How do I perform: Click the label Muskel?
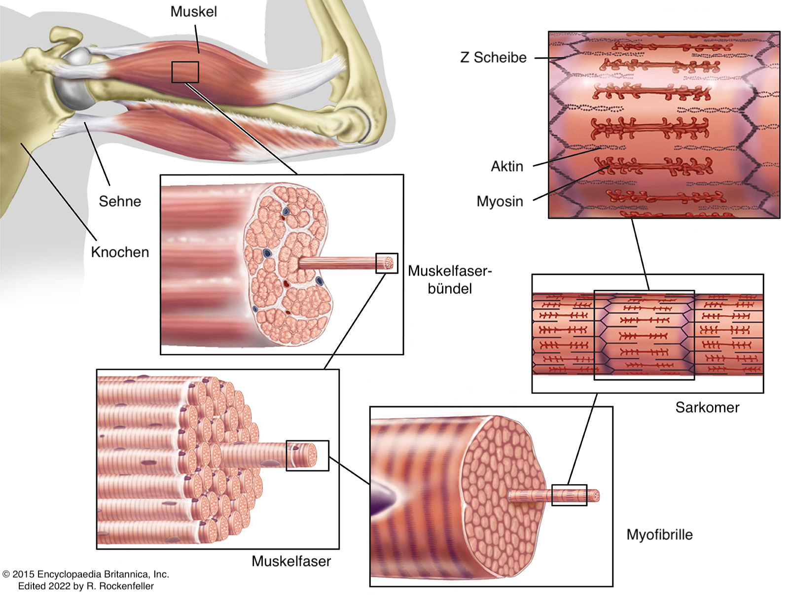click(193, 12)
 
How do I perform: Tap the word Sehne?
click(120, 201)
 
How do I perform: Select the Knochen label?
click(120, 252)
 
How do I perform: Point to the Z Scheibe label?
click(493, 58)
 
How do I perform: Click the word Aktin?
click(506, 167)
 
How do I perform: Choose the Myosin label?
click(500, 202)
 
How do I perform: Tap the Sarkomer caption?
click(707, 408)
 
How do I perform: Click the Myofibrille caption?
click(659, 535)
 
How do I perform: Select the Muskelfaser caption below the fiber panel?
click(291, 561)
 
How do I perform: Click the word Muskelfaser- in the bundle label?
click(450, 271)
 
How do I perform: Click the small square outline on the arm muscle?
click(185, 72)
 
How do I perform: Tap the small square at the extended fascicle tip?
click(387, 263)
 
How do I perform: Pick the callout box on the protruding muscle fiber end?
click(307, 455)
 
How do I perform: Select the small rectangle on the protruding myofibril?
click(569, 495)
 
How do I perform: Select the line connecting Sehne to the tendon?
click(97, 153)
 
